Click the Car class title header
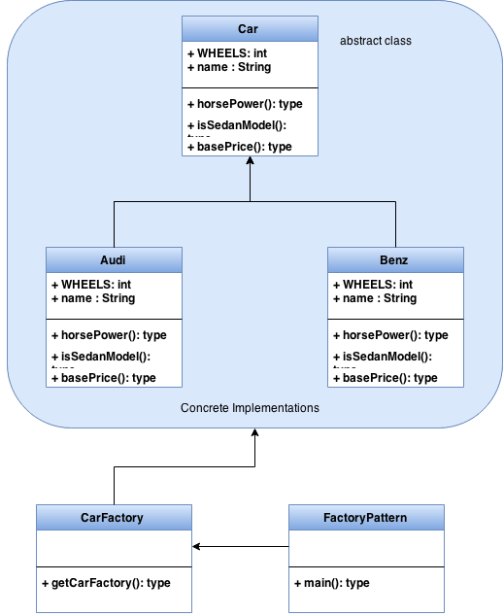pos(250,29)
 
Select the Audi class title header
pos(114,260)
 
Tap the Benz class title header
pos(395,260)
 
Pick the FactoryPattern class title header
pos(366,518)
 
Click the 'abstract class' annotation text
pos(376,42)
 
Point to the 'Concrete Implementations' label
pos(250,408)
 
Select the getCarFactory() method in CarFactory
pos(106,583)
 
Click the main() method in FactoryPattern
pos(331,583)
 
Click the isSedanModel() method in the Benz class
pos(384,358)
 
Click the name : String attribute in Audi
pos(92,297)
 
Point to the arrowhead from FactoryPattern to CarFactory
pos(197,547)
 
